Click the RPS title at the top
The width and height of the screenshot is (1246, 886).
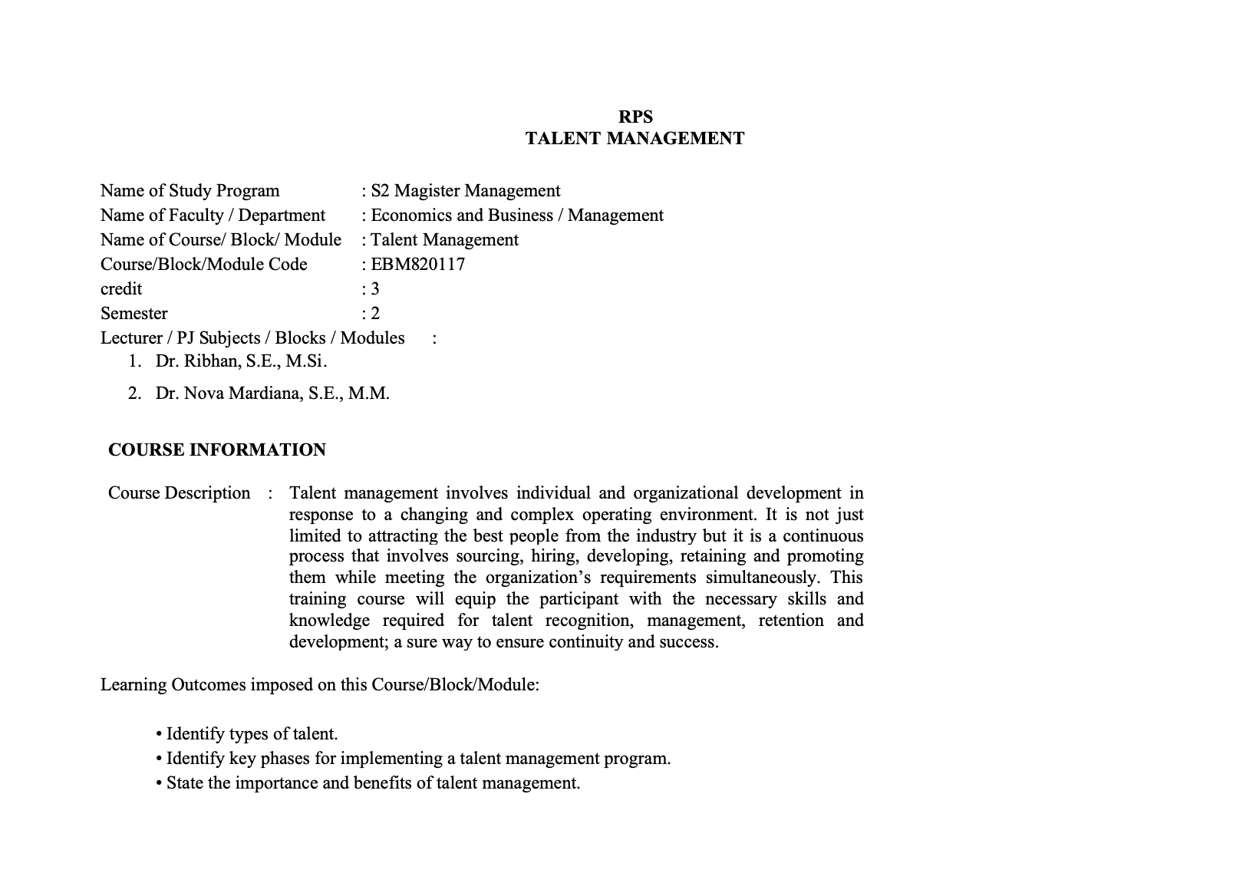click(635, 117)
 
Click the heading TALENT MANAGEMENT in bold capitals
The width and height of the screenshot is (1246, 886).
click(635, 138)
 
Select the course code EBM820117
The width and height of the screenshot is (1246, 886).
click(417, 264)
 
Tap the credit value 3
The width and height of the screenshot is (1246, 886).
click(374, 288)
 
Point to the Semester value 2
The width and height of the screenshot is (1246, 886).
click(374, 313)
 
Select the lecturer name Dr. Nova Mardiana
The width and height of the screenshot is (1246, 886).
click(272, 394)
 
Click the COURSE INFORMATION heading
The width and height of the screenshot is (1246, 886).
click(217, 450)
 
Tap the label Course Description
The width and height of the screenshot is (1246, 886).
click(179, 492)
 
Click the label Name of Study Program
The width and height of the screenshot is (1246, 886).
click(190, 190)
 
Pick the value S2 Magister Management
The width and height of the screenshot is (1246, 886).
click(465, 190)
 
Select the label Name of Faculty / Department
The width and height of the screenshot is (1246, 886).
click(213, 215)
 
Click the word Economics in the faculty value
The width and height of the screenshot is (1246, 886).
click(408, 215)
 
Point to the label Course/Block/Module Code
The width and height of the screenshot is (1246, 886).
click(203, 264)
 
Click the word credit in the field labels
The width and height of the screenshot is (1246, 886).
click(121, 288)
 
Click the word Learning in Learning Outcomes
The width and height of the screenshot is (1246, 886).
click(133, 684)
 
